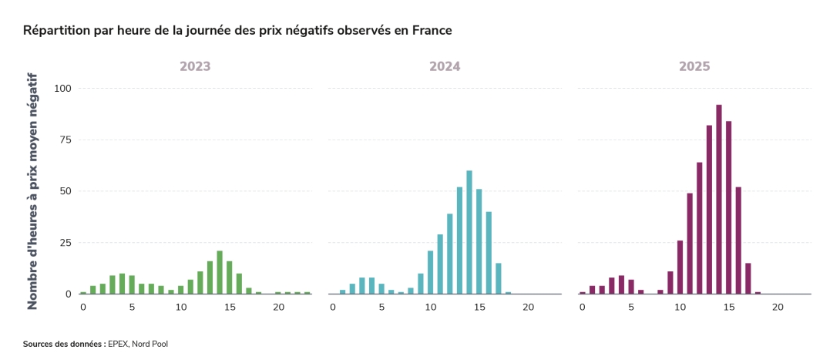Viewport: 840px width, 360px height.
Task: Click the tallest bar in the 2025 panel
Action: coord(719,200)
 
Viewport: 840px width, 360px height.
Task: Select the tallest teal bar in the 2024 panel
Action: coord(469,232)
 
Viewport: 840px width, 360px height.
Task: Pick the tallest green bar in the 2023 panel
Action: coord(220,272)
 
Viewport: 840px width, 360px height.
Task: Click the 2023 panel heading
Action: coord(195,66)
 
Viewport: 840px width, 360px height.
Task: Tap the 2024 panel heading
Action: coord(445,66)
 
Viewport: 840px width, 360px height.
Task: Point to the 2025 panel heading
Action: coord(694,66)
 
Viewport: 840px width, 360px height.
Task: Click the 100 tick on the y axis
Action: coord(62,88)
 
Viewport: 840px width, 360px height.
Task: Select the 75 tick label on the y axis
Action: coord(66,140)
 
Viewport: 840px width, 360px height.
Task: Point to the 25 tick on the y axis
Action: coord(66,243)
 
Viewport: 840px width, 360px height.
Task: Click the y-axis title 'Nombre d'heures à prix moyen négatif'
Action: coord(32,191)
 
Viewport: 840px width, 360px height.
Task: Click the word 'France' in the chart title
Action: coord(430,30)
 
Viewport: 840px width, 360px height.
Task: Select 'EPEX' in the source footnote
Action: coord(119,344)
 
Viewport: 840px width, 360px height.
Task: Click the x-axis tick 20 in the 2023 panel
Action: coord(278,307)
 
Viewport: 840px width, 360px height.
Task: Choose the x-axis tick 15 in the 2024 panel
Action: coord(479,307)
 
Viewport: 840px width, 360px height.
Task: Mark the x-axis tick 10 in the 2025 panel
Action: coord(680,307)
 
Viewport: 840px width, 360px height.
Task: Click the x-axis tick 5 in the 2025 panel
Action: coord(631,307)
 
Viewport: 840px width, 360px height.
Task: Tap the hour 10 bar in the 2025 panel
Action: coord(680,267)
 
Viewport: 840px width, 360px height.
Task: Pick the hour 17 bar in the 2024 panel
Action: coord(499,278)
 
